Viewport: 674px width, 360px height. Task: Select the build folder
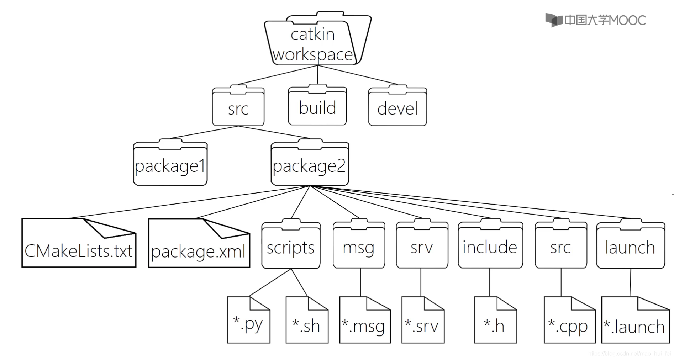click(317, 107)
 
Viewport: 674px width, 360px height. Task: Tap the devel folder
click(397, 107)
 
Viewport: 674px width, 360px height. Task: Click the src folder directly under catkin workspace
click(238, 107)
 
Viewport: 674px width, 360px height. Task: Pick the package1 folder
click(170, 165)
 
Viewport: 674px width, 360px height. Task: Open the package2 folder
click(310, 165)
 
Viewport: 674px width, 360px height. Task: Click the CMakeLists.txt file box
click(79, 245)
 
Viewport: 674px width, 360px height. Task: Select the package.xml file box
click(199, 245)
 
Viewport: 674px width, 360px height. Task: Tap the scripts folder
click(291, 246)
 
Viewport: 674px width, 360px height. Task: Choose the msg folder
click(359, 246)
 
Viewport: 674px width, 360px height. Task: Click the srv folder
click(422, 246)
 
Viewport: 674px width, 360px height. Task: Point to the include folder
click(490, 246)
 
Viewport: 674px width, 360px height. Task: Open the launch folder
click(630, 246)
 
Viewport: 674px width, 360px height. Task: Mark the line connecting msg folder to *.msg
click(360, 282)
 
